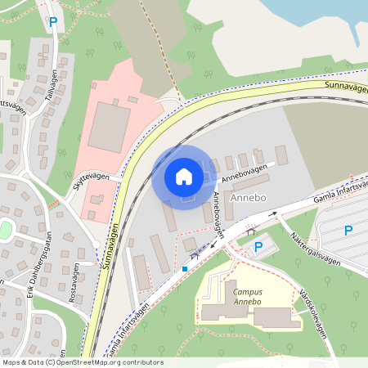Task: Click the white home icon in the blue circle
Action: pos(183,177)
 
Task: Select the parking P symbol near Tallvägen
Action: pos(53,23)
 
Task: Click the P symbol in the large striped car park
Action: pos(348,231)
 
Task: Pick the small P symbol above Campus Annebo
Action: pos(258,245)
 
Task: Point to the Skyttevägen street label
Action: pos(90,179)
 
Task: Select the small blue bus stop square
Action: pos(186,268)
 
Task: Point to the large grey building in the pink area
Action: pos(108,127)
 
